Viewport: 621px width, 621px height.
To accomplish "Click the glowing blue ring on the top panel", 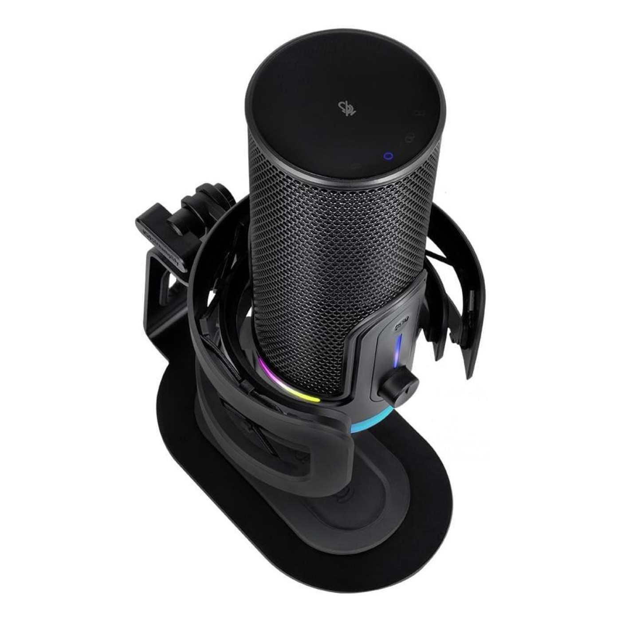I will tap(389, 156).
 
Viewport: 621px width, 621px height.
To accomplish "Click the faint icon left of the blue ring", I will tap(355, 167).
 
